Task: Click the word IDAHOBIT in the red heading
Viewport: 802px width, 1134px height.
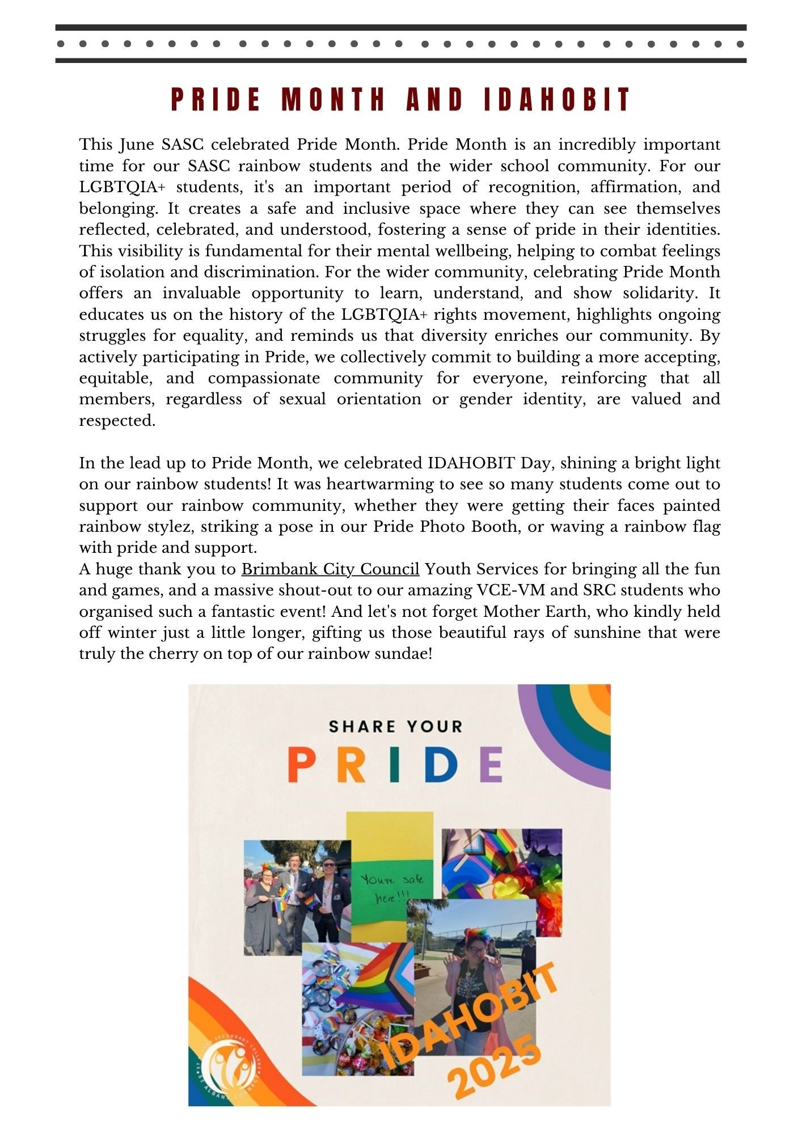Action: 557,100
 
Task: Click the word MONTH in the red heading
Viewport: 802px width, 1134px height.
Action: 334,100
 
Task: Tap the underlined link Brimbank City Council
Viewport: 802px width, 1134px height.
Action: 330,569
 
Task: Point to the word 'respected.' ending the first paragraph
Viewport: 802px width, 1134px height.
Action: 117,421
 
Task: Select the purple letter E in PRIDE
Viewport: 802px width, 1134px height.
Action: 491,764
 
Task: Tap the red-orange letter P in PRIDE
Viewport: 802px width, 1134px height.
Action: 301,764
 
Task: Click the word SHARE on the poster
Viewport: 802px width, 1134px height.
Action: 357,726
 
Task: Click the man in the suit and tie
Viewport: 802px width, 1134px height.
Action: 296,902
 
